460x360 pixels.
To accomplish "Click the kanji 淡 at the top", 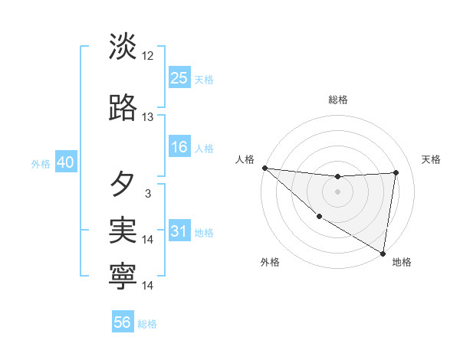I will click(x=123, y=47).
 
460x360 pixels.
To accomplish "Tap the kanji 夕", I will click(x=123, y=185).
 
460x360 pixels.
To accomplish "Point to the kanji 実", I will click(x=123, y=230).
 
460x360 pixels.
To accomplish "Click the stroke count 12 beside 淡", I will click(x=148, y=56).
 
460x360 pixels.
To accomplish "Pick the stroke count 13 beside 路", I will click(x=148, y=117).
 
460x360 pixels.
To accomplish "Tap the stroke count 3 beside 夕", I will click(x=148, y=194).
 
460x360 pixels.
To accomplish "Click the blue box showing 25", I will click(x=179, y=77).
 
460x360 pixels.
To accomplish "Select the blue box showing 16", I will click(x=179, y=147).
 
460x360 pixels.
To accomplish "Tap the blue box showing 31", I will click(x=179, y=231).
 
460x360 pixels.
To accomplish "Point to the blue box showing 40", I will click(x=65, y=162).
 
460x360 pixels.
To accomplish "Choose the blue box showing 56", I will click(x=123, y=322).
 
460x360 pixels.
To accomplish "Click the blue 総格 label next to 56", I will click(x=147, y=324).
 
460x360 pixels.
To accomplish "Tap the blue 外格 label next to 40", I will click(x=41, y=164).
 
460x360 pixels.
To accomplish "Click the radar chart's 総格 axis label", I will click(x=337, y=100).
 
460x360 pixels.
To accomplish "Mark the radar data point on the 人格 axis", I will click(x=264, y=168).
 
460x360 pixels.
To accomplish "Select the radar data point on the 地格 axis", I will click(x=383, y=253).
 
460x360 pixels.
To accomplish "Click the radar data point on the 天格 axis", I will click(x=396, y=172).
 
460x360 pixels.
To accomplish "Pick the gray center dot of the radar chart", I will click(x=337, y=191).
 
